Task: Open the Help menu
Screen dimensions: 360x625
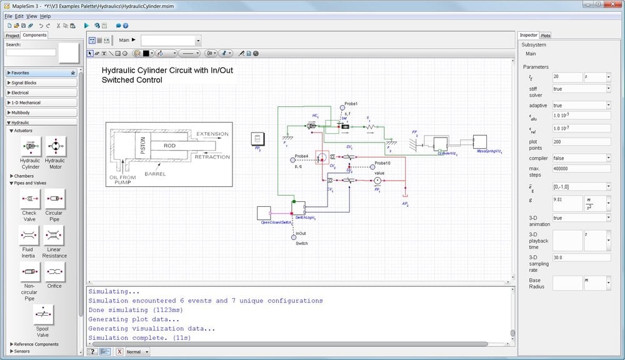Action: (46, 16)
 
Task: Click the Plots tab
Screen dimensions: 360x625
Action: (546, 36)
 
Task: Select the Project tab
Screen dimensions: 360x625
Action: (12, 36)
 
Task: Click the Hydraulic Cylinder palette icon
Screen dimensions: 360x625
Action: (29, 146)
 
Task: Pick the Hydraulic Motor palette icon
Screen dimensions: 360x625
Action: (54, 146)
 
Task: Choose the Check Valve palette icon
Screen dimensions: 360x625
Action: (29, 199)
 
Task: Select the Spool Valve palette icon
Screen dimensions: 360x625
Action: (43, 315)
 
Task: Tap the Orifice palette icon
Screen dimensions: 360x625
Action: (54, 272)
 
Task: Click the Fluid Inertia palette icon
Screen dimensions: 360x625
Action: (29, 236)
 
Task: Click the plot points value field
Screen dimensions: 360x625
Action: (581, 142)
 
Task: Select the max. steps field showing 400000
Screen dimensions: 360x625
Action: (581, 169)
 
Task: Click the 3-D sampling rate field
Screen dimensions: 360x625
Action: (581, 257)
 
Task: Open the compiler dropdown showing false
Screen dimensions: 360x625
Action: (581, 158)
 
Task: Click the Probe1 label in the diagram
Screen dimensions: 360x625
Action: (351, 104)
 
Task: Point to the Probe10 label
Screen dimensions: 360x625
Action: (382, 164)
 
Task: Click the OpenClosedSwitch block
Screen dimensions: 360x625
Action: (264, 212)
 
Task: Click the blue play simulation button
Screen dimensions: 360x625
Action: (87, 26)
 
